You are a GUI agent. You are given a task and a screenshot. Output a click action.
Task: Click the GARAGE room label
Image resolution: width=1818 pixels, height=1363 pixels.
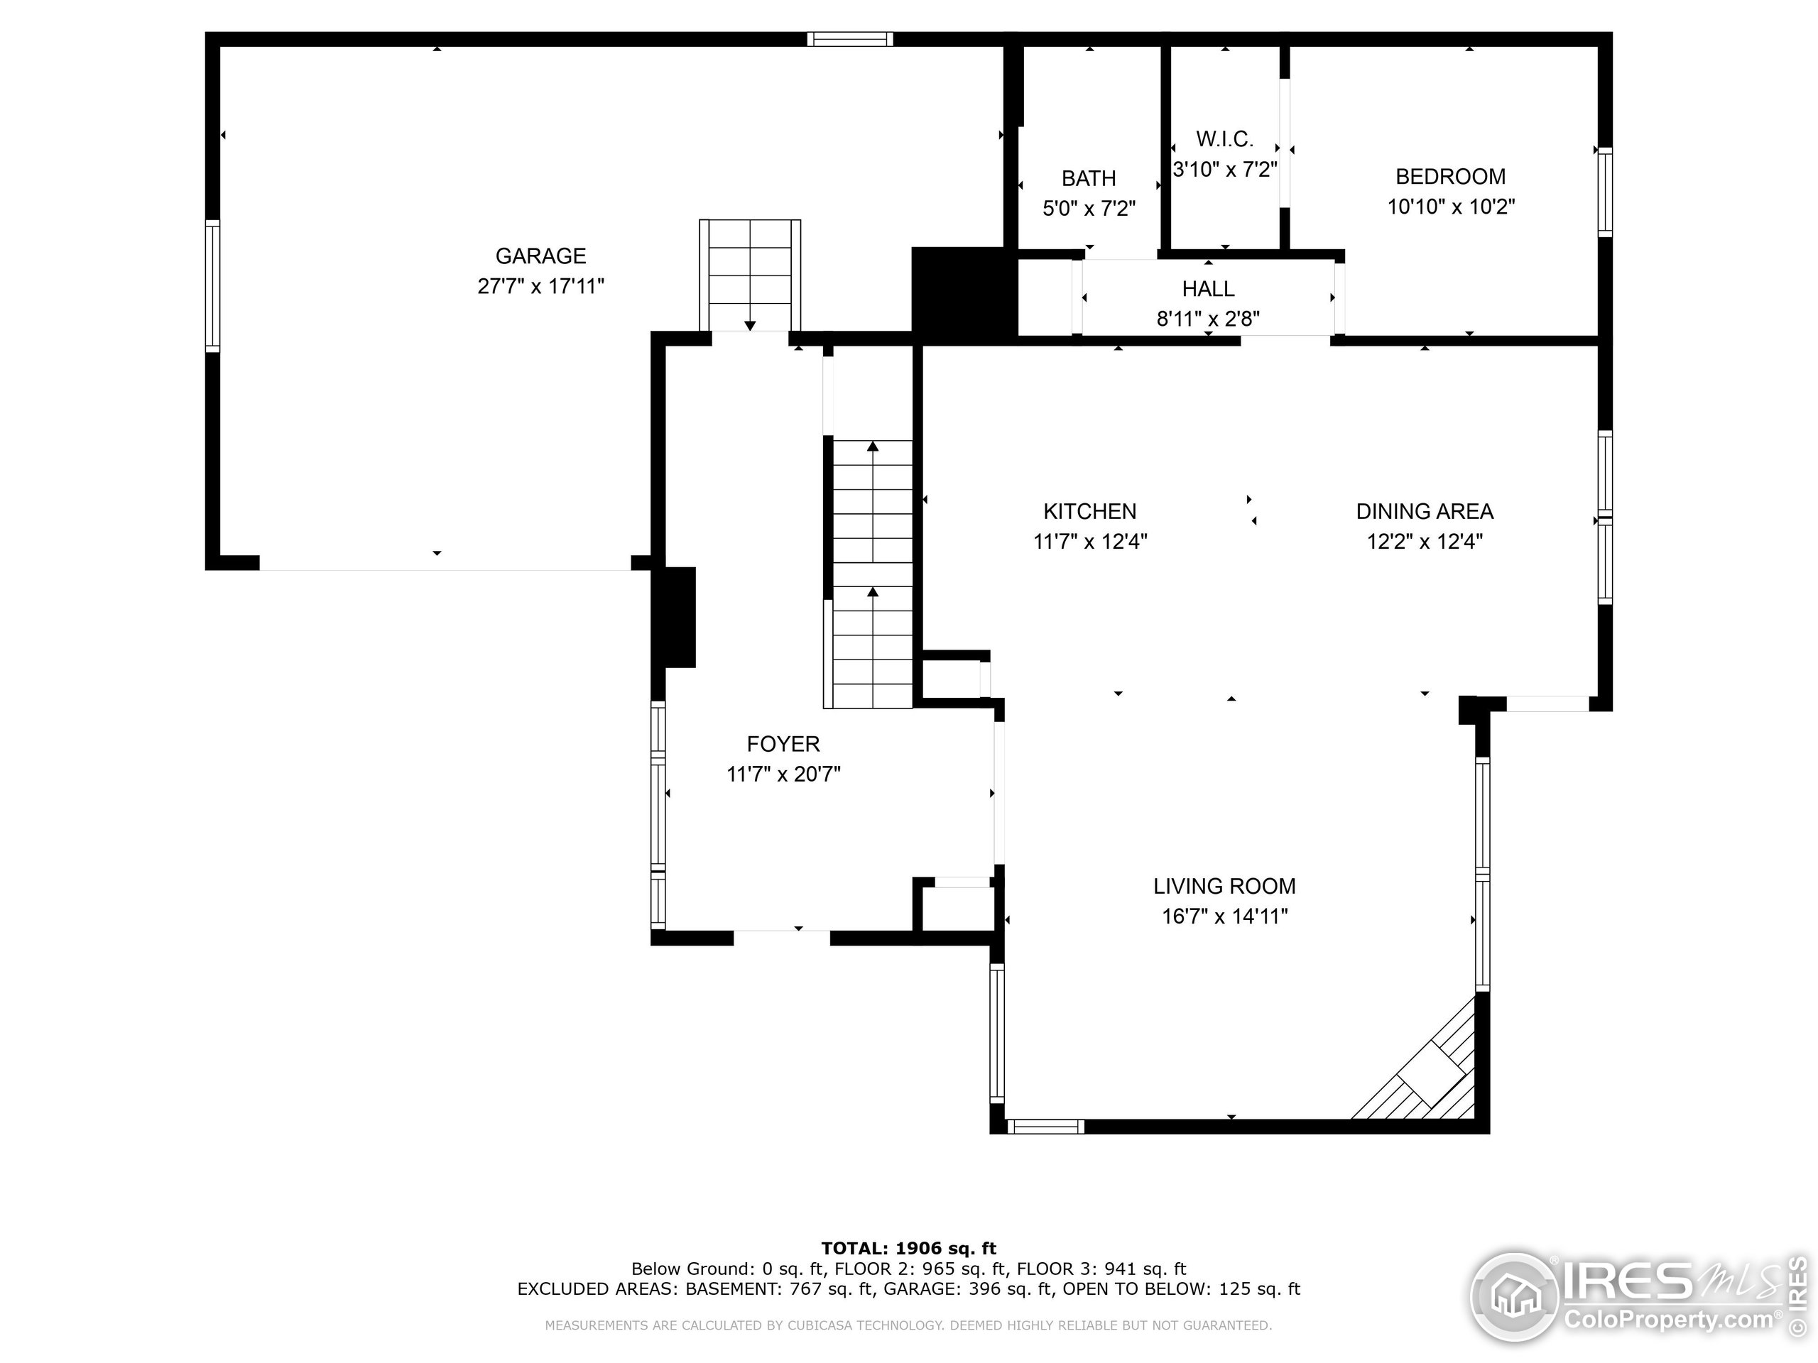pos(540,256)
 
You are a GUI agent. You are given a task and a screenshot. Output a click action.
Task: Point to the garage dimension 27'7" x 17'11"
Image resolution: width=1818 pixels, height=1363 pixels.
pos(540,287)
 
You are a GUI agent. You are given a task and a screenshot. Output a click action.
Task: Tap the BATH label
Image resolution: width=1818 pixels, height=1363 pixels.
pos(1088,178)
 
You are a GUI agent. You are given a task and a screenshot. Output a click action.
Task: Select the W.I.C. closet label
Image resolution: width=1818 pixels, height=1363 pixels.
pos(1224,139)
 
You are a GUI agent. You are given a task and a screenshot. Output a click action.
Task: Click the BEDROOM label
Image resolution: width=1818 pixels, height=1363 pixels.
pos(1450,177)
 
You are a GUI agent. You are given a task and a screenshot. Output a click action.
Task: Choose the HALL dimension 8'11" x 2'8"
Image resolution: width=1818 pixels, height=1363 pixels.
pos(1207,319)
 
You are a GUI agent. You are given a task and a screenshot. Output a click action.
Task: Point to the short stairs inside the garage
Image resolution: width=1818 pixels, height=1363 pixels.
pos(749,275)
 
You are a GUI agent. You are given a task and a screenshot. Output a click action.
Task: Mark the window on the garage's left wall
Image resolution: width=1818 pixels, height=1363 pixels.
pos(213,286)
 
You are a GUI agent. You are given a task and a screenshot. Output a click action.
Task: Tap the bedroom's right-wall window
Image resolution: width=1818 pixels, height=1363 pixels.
pos(1604,192)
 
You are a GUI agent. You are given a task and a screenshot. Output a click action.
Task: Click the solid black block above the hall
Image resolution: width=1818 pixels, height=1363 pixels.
pos(959,293)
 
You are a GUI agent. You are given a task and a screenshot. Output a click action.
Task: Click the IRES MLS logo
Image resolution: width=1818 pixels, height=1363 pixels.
pos(1635,1298)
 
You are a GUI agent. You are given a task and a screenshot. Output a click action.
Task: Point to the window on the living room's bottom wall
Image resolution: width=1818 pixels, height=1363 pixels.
pos(1045,1127)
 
